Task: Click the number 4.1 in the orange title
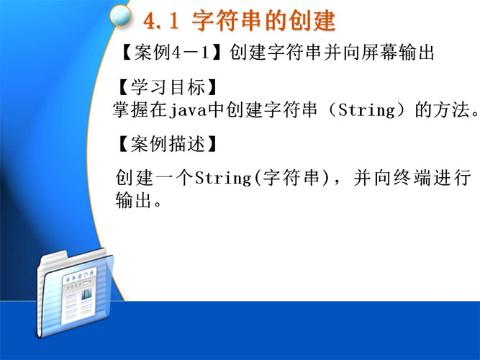[x=161, y=21]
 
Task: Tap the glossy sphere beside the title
[x=120, y=16]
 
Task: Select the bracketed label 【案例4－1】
[x=171, y=53]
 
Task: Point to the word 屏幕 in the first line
[x=379, y=53]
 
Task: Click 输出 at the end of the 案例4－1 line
[x=417, y=53]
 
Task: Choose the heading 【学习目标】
[x=168, y=87]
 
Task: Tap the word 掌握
[x=131, y=109]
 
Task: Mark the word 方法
[x=451, y=109]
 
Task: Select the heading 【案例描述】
[x=168, y=144]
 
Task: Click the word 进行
[x=452, y=178]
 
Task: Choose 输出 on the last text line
[x=133, y=200]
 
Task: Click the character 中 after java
[x=217, y=109]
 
